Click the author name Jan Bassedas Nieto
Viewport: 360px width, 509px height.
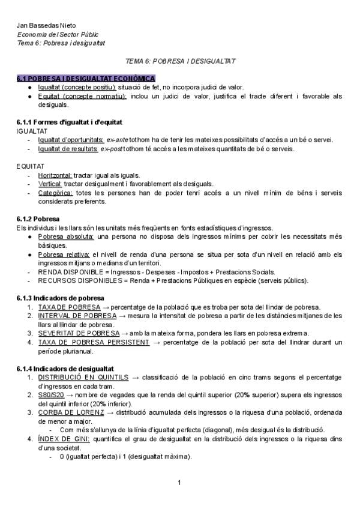pos(41,26)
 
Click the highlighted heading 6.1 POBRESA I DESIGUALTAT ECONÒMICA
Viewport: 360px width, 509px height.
pos(86,79)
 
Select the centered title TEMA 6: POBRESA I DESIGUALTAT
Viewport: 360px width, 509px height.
pos(180,61)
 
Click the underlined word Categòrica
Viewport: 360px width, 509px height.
pos(56,193)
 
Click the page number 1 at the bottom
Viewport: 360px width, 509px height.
pos(179,482)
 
